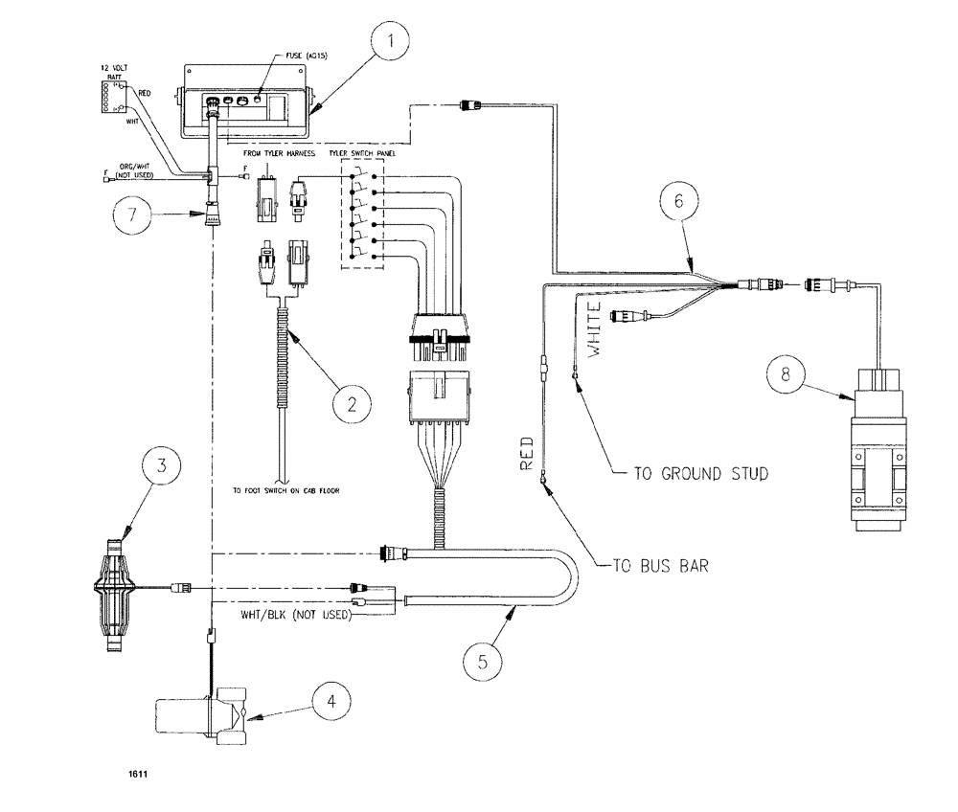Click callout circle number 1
(393, 43)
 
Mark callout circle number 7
(130, 214)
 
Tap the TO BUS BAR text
(661, 566)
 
